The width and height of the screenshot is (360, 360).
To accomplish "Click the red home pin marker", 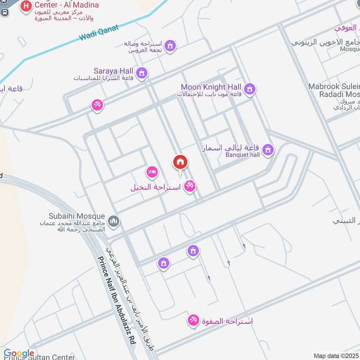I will [x=180, y=162].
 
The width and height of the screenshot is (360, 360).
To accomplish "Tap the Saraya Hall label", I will [x=113, y=71].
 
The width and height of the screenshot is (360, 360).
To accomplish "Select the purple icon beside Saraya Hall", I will [x=142, y=73].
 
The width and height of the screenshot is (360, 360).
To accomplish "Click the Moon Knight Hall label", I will [x=211, y=87].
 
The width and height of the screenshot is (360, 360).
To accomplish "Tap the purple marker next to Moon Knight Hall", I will [x=250, y=89].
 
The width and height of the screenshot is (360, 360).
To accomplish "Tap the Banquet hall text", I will [x=243, y=155].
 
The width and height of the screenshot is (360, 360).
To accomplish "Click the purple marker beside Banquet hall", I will [x=268, y=149].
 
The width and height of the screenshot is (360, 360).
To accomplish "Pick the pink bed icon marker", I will [x=152, y=172].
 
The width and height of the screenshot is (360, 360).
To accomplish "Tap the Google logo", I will [x=18, y=354].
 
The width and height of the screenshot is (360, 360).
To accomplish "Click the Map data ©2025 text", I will [x=335, y=355].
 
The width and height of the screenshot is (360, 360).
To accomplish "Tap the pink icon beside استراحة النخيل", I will [x=190, y=185].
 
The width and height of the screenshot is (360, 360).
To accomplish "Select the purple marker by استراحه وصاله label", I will [x=170, y=45].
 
